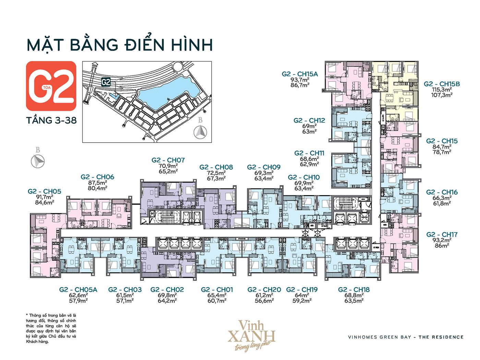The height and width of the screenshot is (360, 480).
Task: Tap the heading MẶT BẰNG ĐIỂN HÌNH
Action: click(120, 45)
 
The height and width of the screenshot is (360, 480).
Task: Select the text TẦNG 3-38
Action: click(51, 121)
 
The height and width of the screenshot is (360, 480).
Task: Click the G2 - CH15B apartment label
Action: click(442, 84)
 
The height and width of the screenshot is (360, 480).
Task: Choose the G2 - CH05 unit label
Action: click(45, 191)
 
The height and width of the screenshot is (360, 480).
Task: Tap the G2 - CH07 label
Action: click(168, 160)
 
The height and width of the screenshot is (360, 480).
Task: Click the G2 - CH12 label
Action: click(309, 120)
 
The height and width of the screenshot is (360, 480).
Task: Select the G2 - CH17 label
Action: click(442, 235)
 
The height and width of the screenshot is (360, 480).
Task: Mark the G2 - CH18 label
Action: click(354, 290)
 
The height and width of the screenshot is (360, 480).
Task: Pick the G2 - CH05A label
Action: click(78, 290)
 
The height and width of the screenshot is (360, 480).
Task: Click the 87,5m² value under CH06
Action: click(98, 183)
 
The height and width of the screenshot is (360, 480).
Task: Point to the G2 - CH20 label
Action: click(264, 290)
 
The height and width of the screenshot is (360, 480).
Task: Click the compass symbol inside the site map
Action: click(200, 132)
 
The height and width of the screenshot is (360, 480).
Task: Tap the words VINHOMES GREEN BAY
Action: click(379, 337)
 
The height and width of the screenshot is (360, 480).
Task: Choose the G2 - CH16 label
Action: click(442, 192)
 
